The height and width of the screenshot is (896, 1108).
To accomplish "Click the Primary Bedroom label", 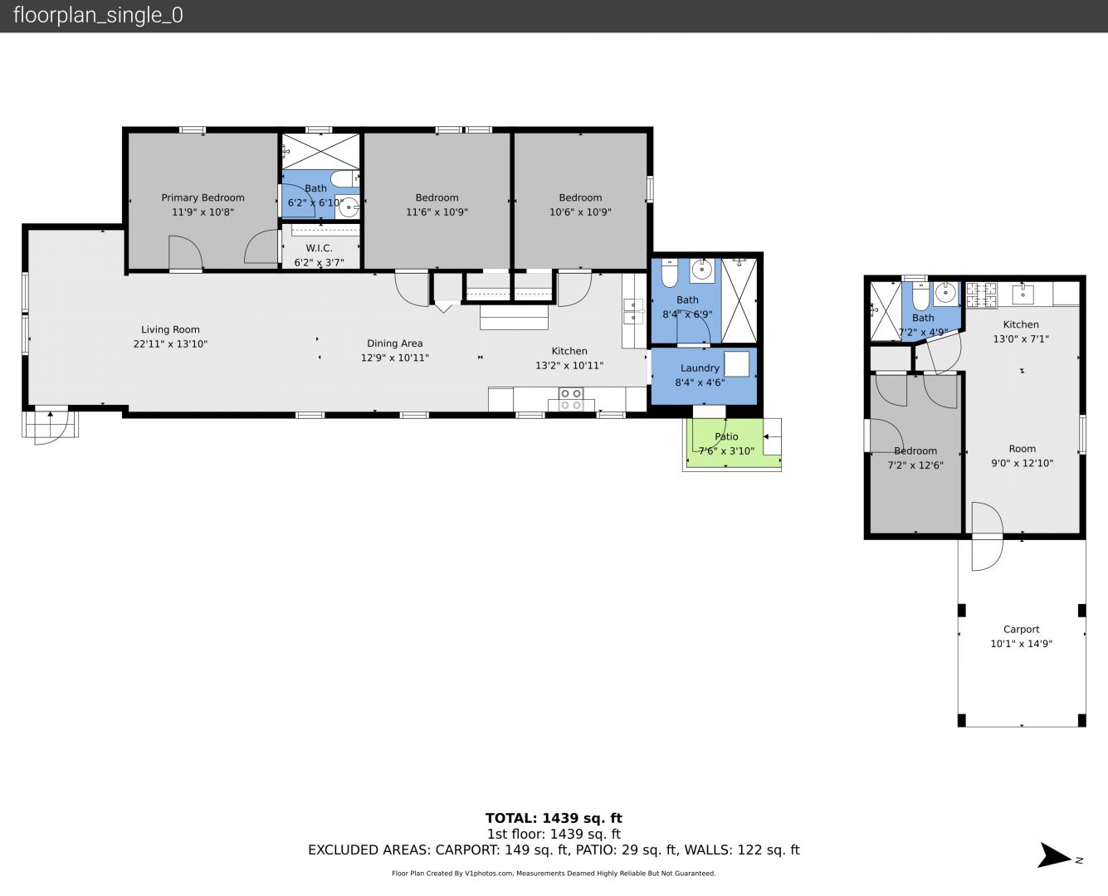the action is tap(203, 197).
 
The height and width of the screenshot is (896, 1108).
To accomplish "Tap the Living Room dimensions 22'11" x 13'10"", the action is tap(170, 343).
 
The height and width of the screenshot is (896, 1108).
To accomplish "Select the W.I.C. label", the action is tap(319, 248).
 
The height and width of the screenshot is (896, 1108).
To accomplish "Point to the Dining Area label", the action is tap(395, 343).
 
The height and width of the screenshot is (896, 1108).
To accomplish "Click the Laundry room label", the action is tap(700, 368).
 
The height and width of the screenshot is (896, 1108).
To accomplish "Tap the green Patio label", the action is tap(726, 437).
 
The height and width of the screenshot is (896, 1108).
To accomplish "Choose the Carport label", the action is tap(1021, 630).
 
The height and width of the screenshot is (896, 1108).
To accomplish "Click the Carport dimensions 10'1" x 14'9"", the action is tap(1021, 644).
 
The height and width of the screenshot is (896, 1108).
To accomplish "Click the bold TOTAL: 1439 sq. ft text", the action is tap(554, 819).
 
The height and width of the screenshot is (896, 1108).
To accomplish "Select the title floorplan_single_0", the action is tap(98, 16).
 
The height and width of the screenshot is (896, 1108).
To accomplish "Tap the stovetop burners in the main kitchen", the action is tap(571, 399).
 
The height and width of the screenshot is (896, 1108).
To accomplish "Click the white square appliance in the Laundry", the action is tap(736, 363).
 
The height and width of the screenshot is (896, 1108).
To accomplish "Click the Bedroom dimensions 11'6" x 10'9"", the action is tap(437, 212).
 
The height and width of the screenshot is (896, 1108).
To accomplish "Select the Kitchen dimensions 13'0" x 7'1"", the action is tap(1021, 339).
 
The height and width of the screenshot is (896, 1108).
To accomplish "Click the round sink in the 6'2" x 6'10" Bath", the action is tap(348, 207).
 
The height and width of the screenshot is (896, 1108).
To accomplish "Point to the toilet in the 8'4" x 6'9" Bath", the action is tap(669, 274).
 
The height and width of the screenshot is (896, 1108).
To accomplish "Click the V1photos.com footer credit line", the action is tap(554, 874).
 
